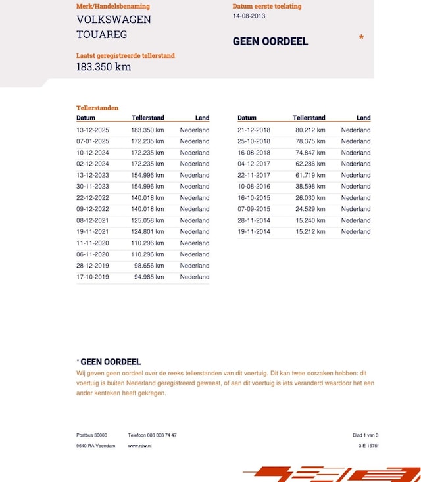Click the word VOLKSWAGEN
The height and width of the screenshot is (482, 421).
pyautogui.click(x=114, y=20)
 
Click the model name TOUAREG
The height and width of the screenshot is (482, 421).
pyautogui.click(x=102, y=35)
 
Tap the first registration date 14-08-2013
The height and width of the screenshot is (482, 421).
pyautogui.click(x=249, y=16)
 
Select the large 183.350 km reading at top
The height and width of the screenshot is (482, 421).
pyautogui.click(x=103, y=67)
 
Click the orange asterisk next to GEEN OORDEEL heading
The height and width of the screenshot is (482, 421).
pyautogui.click(x=361, y=39)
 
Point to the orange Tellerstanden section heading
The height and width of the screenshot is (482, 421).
pyautogui.click(x=97, y=107)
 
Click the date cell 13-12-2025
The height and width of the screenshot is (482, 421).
pyautogui.click(x=93, y=130)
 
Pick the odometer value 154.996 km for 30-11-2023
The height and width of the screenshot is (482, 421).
pyautogui.click(x=147, y=187)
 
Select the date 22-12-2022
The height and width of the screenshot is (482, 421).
pyautogui.click(x=93, y=198)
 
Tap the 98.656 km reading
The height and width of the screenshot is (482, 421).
pyautogui.click(x=149, y=266)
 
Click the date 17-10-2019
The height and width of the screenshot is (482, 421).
pyautogui.click(x=93, y=277)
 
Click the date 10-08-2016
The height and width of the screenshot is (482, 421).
pyautogui.click(x=254, y=187)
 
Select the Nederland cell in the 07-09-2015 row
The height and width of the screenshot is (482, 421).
pyautogui.click(x=356, y=209)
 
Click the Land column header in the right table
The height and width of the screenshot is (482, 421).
pyautogui.click(x=364, y=118)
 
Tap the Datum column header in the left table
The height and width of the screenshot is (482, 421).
pyautogui.click(x=86, y=118)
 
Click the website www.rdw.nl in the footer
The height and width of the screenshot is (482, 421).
pyautogui.click(x=139, y=446)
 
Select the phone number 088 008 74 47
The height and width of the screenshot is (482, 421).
pyautogui.click(x=161, y=435)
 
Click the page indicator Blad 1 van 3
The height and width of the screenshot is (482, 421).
pyautogui.click(x=366, y=435)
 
